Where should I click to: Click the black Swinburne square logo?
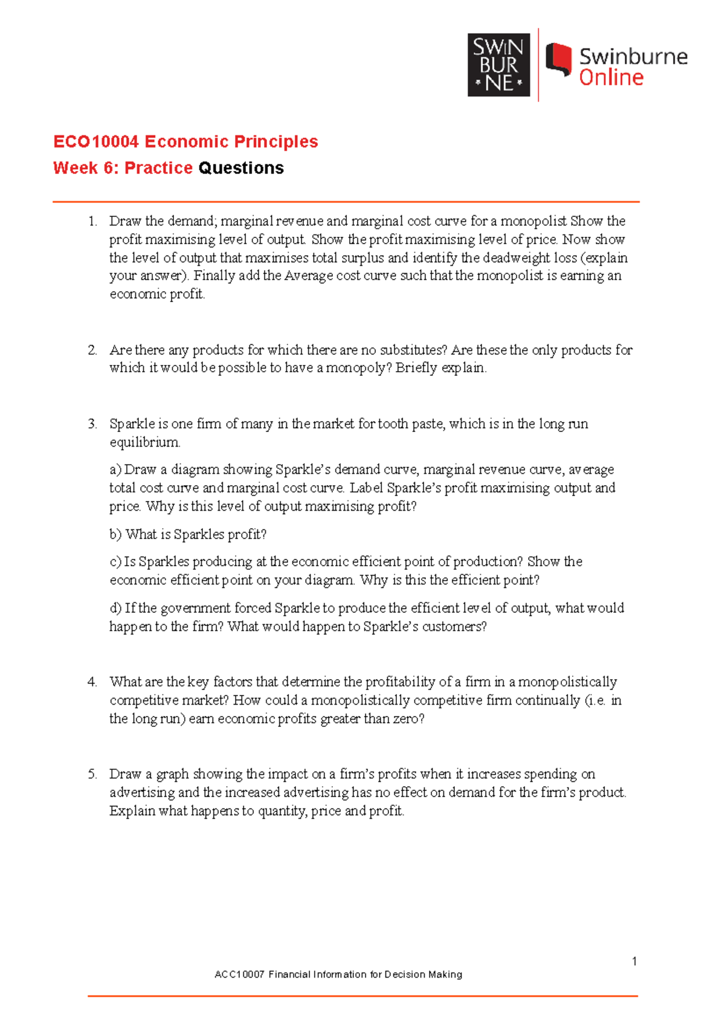[x=498, y=65]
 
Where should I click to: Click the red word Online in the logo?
[x=611, y=77]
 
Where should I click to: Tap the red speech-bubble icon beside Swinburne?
[x=558, y=60]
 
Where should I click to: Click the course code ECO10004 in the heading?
[x=96, y=141]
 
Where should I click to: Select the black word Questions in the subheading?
[x=241, y=168]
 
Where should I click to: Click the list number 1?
[x=92, y=221]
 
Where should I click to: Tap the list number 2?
[x=92, y=350]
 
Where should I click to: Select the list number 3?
[x=92, y=424]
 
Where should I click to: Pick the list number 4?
[x=92, y=682]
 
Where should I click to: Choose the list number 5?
[x=92, y=774]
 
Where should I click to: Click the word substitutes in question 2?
[x=413, y=350]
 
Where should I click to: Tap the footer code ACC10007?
[x=240, y=974]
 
